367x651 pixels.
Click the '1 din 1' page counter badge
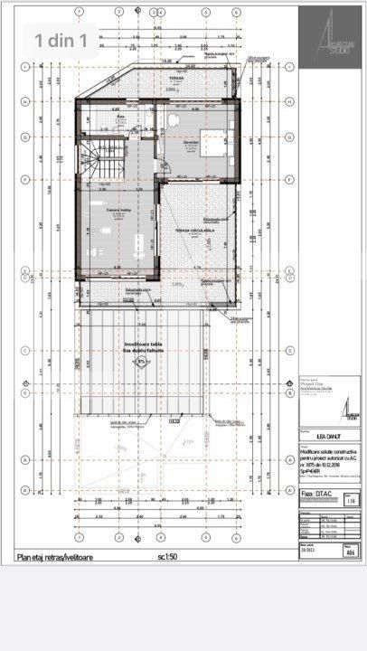pos(61,40)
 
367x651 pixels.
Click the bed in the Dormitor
pos(214,142)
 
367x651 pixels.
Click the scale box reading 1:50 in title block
pos(351,500)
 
